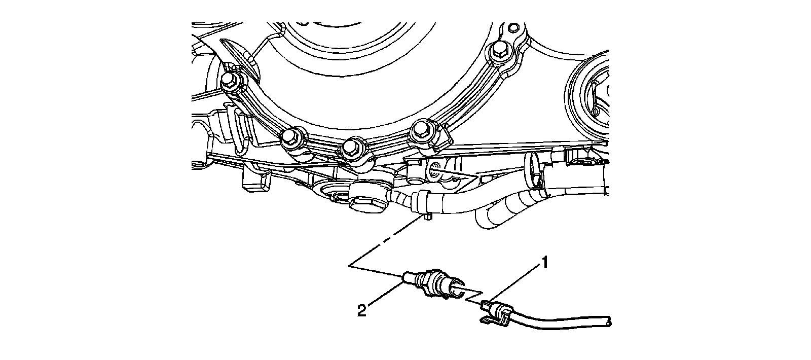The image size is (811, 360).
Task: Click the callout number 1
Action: tap(545, 263)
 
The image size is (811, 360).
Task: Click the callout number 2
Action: tap(361, 310)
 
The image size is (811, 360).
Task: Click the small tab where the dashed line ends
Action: tap(428, 217)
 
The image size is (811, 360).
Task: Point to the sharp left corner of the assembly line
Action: tap(349, 265)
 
